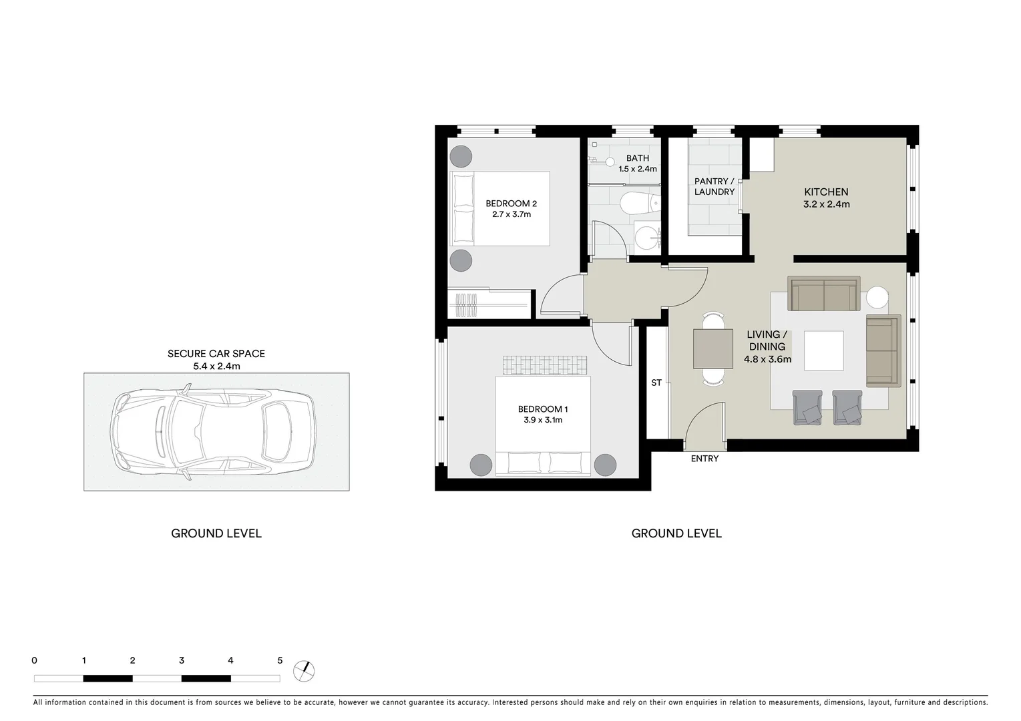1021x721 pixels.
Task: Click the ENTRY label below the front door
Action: point(704,459)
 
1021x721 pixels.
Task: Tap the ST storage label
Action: point(656,383)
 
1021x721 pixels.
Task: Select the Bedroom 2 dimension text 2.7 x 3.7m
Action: point(511,214)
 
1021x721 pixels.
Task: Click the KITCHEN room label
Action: point(826,192)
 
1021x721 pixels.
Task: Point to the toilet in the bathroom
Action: point(638,202)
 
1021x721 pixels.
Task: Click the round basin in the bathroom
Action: point(646,237)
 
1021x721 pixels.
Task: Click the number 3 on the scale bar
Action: point(182,660)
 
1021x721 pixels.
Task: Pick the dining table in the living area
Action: point(713,348)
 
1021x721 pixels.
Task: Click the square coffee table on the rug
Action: point(823,350)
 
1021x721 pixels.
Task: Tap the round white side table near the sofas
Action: point(877,297)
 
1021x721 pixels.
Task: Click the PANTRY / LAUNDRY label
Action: point(714,186)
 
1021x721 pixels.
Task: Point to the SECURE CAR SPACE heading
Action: point(216,354)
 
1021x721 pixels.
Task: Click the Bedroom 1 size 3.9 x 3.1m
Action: point(543,420)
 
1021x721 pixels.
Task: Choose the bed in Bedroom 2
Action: point(501,208)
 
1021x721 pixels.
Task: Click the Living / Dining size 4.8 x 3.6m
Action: point(767,359)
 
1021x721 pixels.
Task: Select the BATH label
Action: point(637,158)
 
